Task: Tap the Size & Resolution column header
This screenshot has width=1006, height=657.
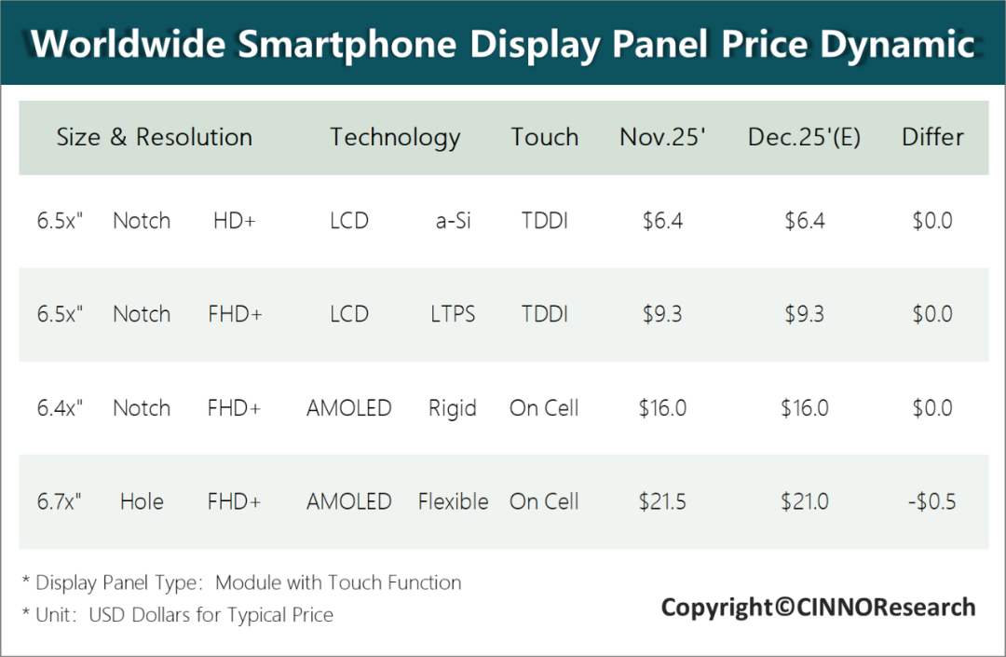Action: (x=155, y=137)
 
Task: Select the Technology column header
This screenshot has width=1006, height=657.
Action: (x=395, y=137)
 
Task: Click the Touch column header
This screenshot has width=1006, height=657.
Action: (x=545, y=137)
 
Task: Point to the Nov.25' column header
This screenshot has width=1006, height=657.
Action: (x=662, y=137)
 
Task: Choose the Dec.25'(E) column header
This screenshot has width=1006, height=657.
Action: (x=804, y=137)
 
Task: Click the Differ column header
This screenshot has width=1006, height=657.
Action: (x=932, y=137)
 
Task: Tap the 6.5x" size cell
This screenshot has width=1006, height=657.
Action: (x=61, y=314)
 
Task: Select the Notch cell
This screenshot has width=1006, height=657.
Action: (x=142, y=314)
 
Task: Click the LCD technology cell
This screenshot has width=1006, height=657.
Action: (x=349, y=314)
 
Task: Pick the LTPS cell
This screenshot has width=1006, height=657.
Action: (x=453, y=314)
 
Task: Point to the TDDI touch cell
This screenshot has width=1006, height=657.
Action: (x=545, y=314)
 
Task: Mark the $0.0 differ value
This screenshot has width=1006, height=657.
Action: (x=932, y=314)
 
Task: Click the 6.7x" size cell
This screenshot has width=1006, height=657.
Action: (x=61, y=501)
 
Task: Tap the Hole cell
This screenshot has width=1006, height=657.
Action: (x=142, y=501)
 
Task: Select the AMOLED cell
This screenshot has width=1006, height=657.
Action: (x=349, y=501)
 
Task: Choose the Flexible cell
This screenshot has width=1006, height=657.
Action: (x=453, y=501)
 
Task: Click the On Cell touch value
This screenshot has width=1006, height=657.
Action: (x=545, y=501)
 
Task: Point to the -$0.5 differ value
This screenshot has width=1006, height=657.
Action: (x=931, y=501)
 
